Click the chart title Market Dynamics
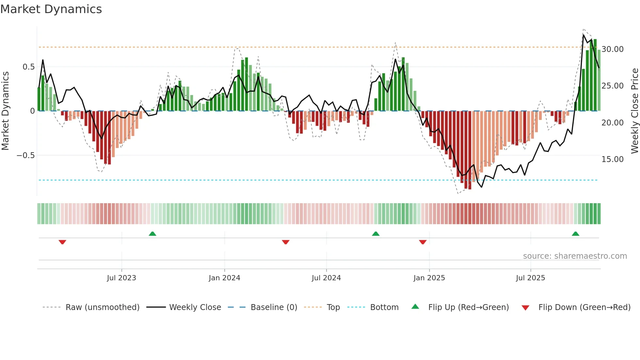[51, 9]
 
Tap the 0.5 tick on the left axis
[28, 67]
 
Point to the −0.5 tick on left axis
[25, 155]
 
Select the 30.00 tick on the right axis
[613, 49]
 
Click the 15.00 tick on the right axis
[613, 159]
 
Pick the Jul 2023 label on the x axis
[121, 278]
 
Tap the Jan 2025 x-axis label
[429, 278]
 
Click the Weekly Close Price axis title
[634, 111]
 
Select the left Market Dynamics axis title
[5, 111]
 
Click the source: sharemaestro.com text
[575, 256]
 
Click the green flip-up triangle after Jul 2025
[575, 234]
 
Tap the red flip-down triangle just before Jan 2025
[423, 242]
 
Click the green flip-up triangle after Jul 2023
[152, 234]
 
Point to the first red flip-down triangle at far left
[62, 242]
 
